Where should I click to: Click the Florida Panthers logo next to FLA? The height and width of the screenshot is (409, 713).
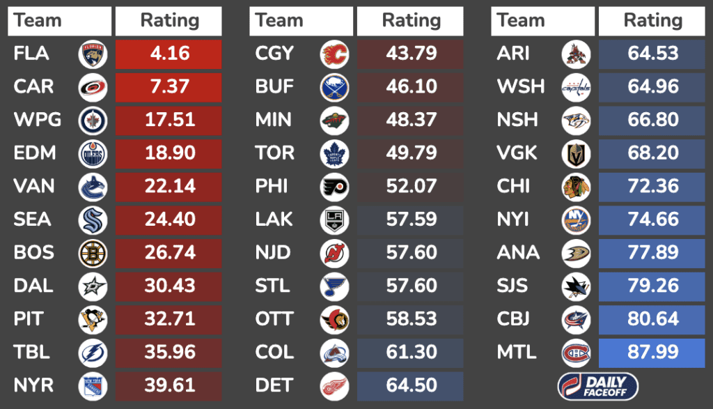[x=93, y=54]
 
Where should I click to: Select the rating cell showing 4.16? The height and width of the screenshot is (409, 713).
[x=169, y=54]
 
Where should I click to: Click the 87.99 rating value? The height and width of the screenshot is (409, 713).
[x=652, y=352]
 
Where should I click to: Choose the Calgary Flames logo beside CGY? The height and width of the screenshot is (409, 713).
[x=334, y=54]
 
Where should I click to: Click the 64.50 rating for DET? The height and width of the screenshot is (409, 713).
[x=410, y=385]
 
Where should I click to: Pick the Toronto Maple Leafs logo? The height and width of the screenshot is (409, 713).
[x=334, y=153]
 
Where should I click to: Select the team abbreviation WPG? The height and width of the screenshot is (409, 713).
[x=37, y=120]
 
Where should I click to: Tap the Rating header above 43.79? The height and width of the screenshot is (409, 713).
[x=410, y=21]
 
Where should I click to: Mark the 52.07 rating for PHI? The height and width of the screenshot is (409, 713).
[x=410, y=186]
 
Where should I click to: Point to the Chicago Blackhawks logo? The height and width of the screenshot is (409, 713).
[x=576, y=186]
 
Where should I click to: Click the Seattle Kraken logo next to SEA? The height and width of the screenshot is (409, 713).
[x=93, y=219]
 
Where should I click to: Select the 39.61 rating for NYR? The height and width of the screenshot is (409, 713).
[x=169, y=385]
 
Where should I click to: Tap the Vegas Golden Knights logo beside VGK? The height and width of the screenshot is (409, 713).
[x=576, y=153]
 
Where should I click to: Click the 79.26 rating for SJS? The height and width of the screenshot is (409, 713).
[x=652, y=286]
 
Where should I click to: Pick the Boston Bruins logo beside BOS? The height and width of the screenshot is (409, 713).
[x=93, y=252]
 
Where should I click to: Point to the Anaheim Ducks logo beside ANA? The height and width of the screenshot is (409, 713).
[x=576, y=252]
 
